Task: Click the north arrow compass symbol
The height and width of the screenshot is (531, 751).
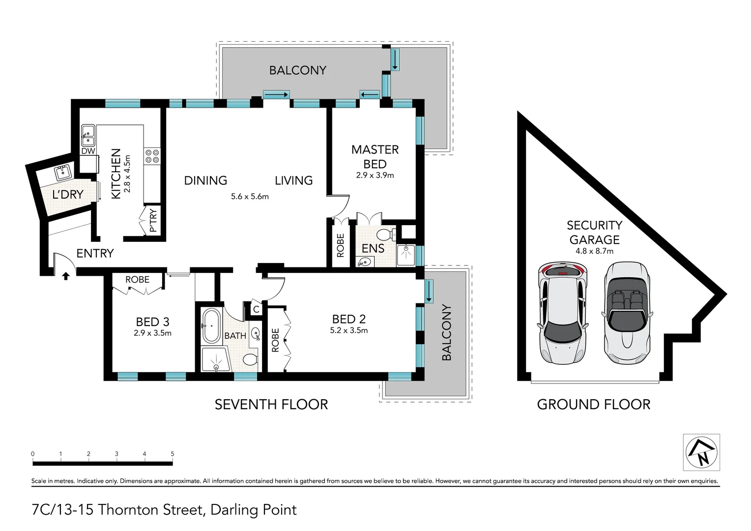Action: pyautogui.click(x=701, y=452)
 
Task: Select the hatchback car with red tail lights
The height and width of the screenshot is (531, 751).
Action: pyautogui.click(x=563, y=313)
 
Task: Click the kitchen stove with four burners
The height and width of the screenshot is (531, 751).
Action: pyautogui.click(x=152, y=156)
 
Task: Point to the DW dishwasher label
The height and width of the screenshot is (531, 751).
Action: pyautogui.click(x=88, y=151)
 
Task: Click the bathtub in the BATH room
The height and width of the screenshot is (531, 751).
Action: pyautogui.click(x=211, y=326)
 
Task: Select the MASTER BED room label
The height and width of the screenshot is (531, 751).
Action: pyautogui.click(x=375, y=156)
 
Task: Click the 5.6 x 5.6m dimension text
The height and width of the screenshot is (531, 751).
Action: pyautogui.click(x=250, y=197)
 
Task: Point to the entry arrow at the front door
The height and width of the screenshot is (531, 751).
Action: pyautogui.click(x=65, y=276)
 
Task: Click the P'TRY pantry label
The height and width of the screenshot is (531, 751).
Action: pyautogui.click(x=153, y=221)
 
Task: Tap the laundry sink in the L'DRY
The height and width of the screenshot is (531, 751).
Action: pyautogui.click(x=63, y=173)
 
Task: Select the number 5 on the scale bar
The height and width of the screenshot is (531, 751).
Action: pyautogui.click(x=172, y=454)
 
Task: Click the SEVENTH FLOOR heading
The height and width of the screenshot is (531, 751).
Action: pyautogui.click(x=271, y=405)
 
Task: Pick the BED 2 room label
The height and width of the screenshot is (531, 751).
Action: pyautogui.click(x=348, y=319)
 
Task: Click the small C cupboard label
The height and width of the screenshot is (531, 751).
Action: pyautogui.click(x=256, y=310)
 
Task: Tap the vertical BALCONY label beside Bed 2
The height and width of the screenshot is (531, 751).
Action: pyautogui.click(x=446, y=332)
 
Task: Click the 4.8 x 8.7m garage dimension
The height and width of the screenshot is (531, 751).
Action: pyautogui.click(x=594, y=251)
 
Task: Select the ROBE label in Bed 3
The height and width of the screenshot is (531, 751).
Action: pyautogui.click(x=137, y=279)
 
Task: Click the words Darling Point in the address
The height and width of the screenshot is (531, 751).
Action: pyautogui.click(x=253, y=510)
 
